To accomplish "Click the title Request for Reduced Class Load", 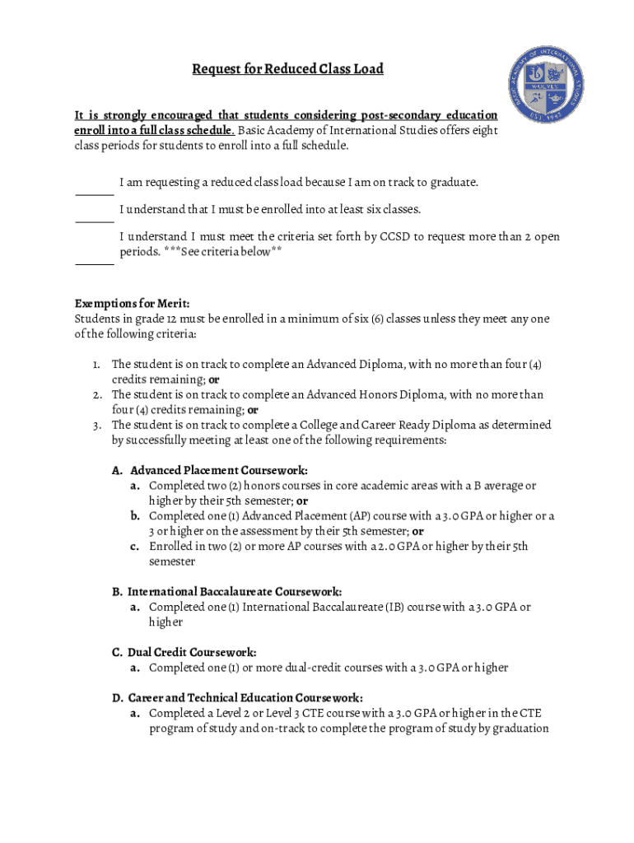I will pyautogui.click(x=287, y=69).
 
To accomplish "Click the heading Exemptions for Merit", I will pyautogui.click(x=132, y=304).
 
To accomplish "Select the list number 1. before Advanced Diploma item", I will pyautogui.click(x=96, y=364).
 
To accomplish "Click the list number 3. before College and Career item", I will pyautogui.click(x=96, y=425).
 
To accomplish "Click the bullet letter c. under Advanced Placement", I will pyautogui.click(x=133, y=546).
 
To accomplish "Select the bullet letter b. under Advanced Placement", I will pyautogui.click(x=133, y=516).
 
